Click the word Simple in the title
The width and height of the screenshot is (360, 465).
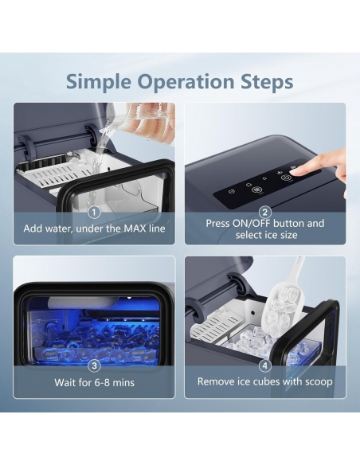click(x=98, y=81)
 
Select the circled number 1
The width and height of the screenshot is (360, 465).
click(x=94, y=213)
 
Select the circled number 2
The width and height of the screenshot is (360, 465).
click(x=265, y=213)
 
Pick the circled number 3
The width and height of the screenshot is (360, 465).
click(x=94, y=365)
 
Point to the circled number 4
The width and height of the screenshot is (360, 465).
click(x=265, y=365)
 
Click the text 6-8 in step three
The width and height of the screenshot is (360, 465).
click(x=102, y=382)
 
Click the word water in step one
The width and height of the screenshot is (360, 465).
click(x=58, y=229)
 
